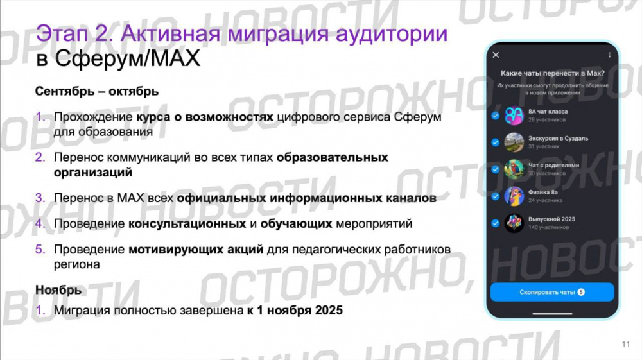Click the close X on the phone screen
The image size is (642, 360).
(x=496, y=55)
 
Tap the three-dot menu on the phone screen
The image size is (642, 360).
(x=609, y=55)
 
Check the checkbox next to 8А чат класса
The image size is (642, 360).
(x=495, y=116)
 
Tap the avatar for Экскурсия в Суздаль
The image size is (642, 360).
(x=514, y=142)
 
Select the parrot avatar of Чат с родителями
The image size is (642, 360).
(x=514, y=169)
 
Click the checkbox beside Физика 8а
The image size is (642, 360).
(x=495, y=196)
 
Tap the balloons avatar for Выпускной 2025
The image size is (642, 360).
(x=514, y=223)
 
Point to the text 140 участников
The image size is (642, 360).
(x=547, y=227)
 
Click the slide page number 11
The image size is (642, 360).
(x=626, y=345)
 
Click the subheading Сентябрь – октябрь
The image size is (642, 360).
(x=96, y=91)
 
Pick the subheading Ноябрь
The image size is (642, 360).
(x=58, y=290)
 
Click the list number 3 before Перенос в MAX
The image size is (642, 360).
(x=40, y=198)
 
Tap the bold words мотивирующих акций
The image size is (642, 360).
(x=196, y=249)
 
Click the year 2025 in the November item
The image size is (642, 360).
(x=329, y=311)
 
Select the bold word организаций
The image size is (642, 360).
(x=93, y=173)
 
